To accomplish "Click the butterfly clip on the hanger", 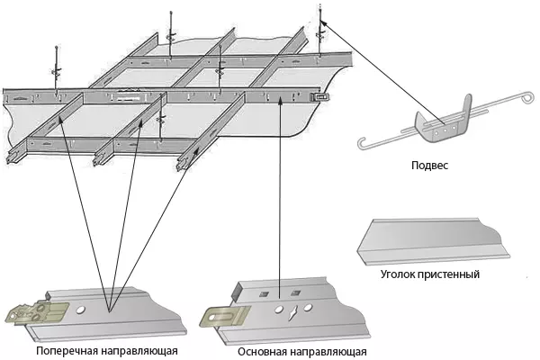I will [441, 126].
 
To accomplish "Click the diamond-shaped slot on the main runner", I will [292, 310].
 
